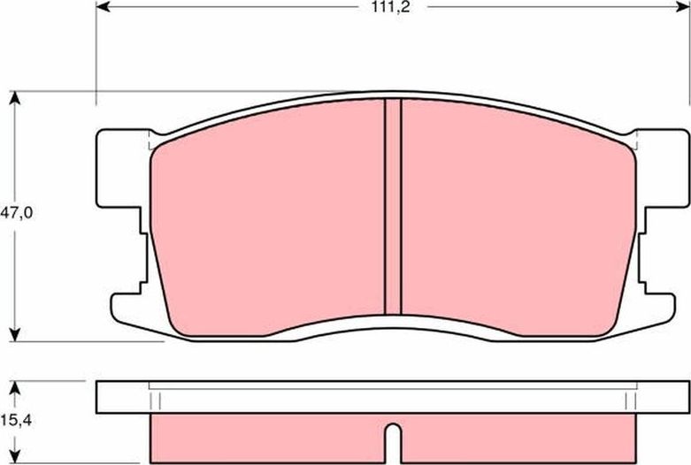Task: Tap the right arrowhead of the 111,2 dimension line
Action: point(682,7)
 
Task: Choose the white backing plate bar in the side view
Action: point(393,395)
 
